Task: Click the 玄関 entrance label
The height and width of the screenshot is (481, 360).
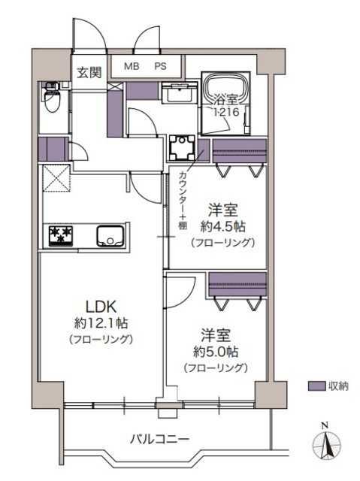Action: click(x=89, y=73)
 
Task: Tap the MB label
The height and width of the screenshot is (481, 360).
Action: click(x=132, y=66)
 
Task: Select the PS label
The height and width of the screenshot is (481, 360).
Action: click(x=160, y=66)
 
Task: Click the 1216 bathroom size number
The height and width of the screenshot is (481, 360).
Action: click(x=226, y=112)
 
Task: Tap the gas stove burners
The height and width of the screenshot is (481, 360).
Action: click(x=61, y=235)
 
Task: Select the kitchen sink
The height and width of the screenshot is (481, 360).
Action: click(x=110, y=236)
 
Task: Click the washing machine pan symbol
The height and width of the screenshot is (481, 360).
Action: click(x=183, y=148)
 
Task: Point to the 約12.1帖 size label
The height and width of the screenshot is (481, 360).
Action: click(x=101, y=323)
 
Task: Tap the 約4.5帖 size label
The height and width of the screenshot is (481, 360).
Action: click(x=223, y=227)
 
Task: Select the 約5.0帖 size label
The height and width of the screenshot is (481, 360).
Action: click(x=216, y=352)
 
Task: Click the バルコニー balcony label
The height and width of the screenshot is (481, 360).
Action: click(x=159, y=440)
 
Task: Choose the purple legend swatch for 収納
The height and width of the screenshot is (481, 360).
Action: click(x=316, y=386)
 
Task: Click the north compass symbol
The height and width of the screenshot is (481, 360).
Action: click(x=326, y=444)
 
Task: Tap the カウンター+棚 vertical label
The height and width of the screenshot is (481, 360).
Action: click(x=183, y=201)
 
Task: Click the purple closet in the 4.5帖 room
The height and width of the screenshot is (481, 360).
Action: click(x=240, y=151)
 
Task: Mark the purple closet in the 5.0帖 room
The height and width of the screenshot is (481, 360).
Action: click(x=237, y=284)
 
